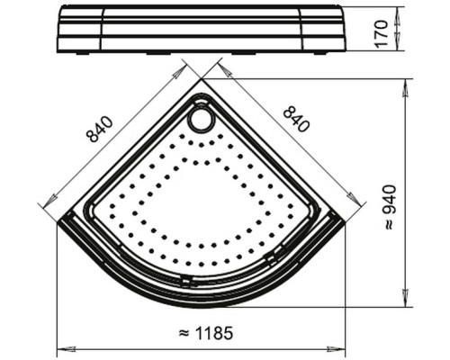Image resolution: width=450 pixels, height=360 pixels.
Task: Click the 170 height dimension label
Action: click(x=382, y=32)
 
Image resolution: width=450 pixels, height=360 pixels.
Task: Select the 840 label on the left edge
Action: click(x=100, y=129)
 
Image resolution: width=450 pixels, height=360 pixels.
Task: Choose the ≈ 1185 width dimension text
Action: click(x=205, y=333)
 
